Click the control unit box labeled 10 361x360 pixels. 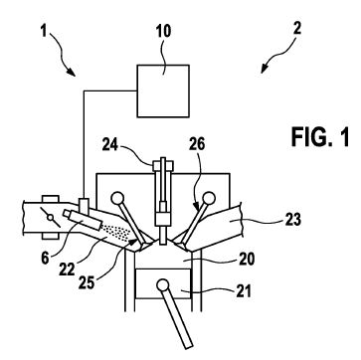click(163, 90)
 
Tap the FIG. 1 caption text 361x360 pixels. click(320, 137)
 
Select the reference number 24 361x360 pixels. click(110, 145)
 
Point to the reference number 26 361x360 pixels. click(197, 144)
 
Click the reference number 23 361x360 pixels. click(292, 220)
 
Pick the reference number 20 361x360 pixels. click(247, 260)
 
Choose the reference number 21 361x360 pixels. click(243, 291)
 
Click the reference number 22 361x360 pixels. click(68, 269)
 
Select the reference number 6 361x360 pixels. click(46, 258)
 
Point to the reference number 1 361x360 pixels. click(44, 32)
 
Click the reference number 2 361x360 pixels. click(296, 29)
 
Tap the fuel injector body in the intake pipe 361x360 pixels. click(83, 220)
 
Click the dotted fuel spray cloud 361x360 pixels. click(115, 233)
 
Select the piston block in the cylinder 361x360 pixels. click(164, 283)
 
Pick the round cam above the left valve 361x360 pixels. click(117, 199)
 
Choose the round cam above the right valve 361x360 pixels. click(209, 198)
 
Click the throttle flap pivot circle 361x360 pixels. click(51, 218)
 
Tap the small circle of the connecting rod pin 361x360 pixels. click(162, 285)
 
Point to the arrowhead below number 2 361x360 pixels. click(264, 70)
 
